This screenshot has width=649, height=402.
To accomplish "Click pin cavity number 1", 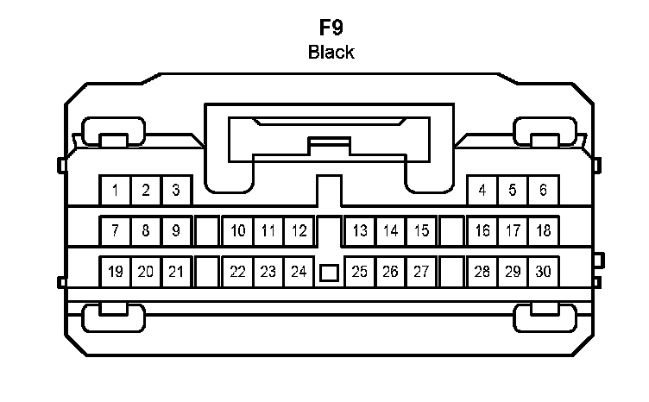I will tap(116, 190).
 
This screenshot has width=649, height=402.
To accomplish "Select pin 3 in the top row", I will tap(176, 190).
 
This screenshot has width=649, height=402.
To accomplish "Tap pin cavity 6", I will tap(543, 190).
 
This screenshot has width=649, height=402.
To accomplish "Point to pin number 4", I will tap(482, 190).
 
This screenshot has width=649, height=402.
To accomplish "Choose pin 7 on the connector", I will tap(116, 230).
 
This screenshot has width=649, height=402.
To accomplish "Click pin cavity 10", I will tap(237, 230).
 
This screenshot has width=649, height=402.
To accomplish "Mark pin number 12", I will tap(299, 230).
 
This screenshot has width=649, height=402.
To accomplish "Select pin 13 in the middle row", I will tap(360, 230).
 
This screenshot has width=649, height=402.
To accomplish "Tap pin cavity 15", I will tap(421, 230).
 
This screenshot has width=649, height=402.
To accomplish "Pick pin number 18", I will tap(543, 230).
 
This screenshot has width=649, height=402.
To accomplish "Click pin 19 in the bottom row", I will tap(116, 272).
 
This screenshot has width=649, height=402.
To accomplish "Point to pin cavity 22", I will tap(237, 272).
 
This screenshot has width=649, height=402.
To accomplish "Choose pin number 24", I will tap(299, 272).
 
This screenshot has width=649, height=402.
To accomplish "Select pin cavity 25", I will tap(360, 272).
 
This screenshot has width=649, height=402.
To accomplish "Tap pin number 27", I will tap(421, 272).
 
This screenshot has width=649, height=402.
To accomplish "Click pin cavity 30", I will tap(543, 272).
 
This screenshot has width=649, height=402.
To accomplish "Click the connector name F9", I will tap(331, 26).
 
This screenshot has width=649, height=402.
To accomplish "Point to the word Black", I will tap(331, 52).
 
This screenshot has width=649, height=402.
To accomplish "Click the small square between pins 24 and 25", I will tap(329, 273).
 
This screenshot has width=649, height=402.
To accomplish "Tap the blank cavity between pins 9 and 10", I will tap(207, 230).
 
